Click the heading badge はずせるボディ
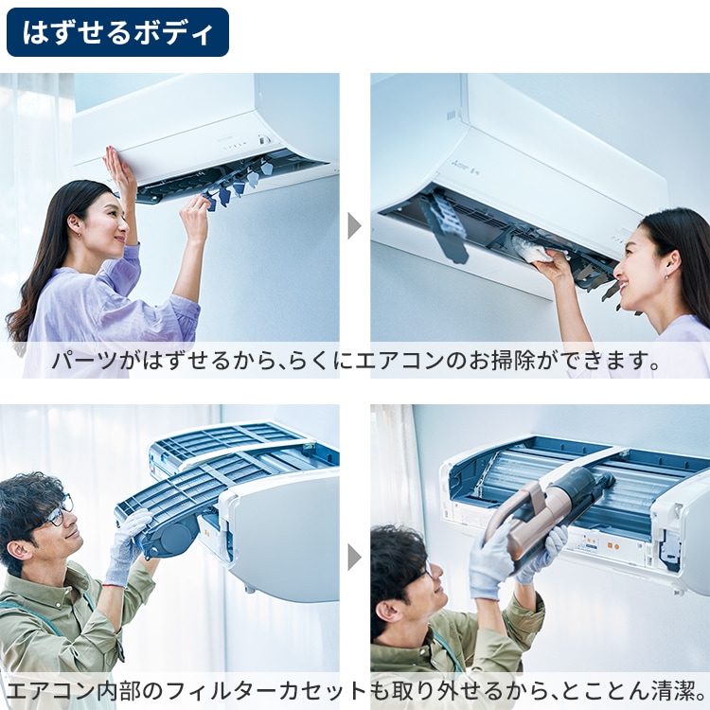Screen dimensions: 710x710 tap(117, 32)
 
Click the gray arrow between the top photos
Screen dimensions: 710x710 tap(354, 225)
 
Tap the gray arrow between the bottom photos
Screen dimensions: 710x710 tap(354, 557)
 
